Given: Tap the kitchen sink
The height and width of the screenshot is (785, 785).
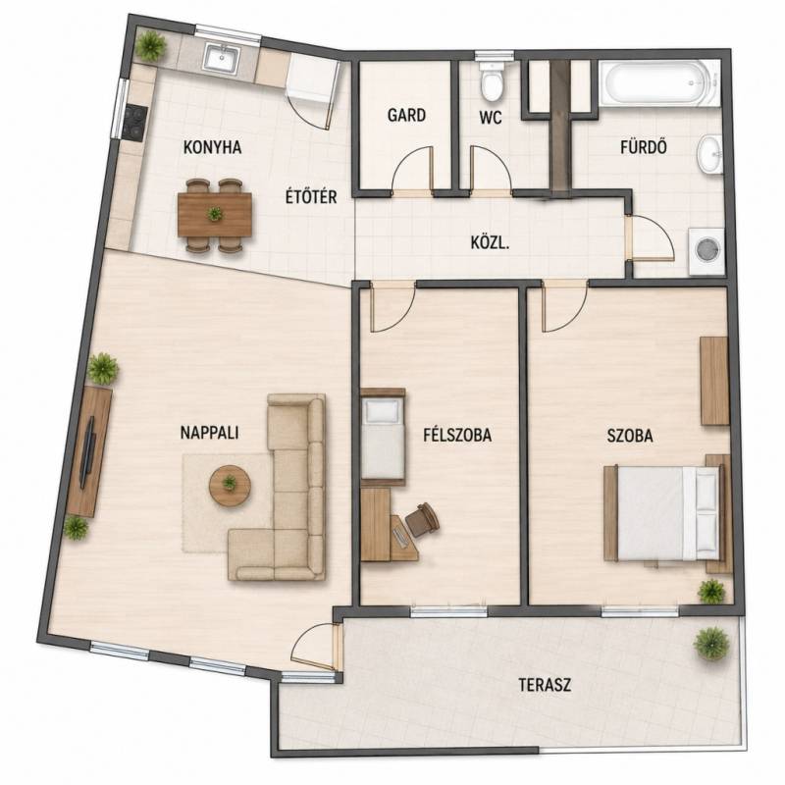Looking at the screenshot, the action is [x=222, y=58].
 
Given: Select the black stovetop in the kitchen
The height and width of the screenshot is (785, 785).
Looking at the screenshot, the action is [x=135, y=123].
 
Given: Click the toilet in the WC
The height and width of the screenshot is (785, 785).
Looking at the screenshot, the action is [x=492, y=81].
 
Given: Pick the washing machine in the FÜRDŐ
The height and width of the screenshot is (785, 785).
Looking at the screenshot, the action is [x=706, y=251].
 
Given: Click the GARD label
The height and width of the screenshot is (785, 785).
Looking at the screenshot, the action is [x=406, y=115].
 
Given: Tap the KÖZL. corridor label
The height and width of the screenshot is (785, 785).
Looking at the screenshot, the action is [x=490, y=243].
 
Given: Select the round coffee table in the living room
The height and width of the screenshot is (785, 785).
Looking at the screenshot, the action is [x=230, y=486].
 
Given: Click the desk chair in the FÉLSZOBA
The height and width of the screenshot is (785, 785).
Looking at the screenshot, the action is [x=422, y=520].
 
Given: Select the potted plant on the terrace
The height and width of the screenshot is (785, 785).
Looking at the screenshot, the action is [x=711, y=644].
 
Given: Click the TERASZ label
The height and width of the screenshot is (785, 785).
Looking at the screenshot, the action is [x=545, y=685].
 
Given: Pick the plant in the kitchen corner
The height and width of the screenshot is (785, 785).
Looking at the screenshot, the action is [x=151, y=45].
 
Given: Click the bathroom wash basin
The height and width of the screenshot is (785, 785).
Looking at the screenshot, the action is [x=709, y=155].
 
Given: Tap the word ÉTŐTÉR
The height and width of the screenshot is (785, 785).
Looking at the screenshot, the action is [x=311, y=197].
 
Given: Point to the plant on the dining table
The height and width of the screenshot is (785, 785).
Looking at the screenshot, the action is [x=215, y=214].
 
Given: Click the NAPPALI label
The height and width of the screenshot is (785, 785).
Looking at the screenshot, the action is [x=209, y=433].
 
